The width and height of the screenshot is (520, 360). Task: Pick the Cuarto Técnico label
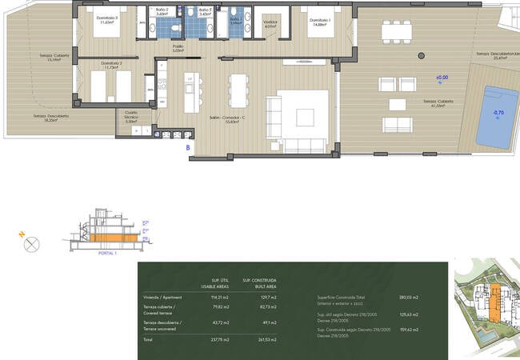coord(132,116)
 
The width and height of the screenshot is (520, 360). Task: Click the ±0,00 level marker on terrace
coord(442,78)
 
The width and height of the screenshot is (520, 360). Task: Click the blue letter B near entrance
coord(187,148)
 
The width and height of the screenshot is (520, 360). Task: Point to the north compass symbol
coord(31,245)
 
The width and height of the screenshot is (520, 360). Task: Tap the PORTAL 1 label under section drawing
coord(106,253)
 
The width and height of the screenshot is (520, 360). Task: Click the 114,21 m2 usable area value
coord(219,297)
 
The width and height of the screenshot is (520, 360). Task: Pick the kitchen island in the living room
coord(190,93)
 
